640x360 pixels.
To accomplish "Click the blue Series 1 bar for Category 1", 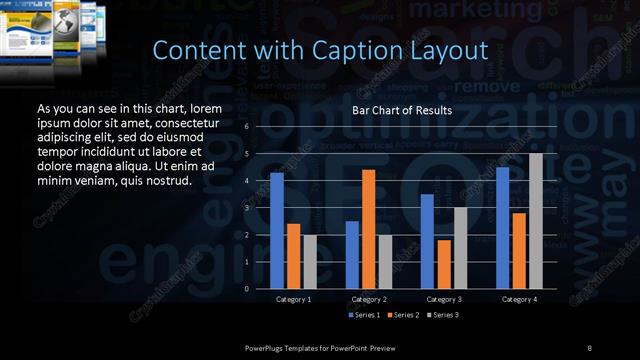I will tap(277, 230).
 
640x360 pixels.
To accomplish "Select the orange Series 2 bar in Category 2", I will tap(369, 229).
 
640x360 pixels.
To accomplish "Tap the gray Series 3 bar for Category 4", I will tap(535, 220).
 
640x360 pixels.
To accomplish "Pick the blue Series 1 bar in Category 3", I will tap(427, 241).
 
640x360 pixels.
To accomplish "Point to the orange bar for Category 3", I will tap(444, 264).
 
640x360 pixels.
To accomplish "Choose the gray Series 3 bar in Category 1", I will tap(309, 261).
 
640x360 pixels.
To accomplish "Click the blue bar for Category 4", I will tap(503, 227).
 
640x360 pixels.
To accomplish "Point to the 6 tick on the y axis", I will tap(246, 127).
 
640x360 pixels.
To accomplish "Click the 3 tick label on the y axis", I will tap(246, 208).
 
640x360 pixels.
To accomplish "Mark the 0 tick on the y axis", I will tap(246, 288).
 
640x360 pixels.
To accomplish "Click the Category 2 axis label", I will tap(369, 299).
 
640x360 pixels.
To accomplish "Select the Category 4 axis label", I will tap(519, 299).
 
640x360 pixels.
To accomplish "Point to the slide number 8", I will tap(590, 346).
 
